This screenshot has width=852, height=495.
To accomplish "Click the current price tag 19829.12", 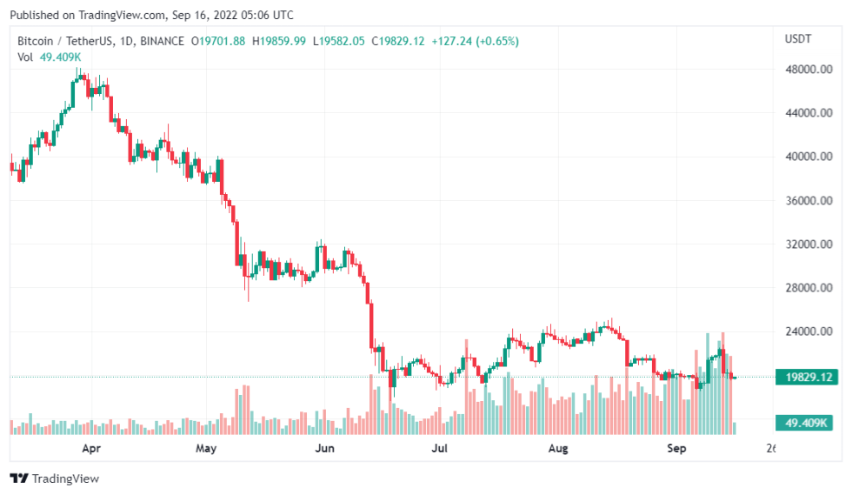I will click(x=808, y=377).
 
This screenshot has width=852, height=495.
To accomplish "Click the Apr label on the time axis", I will click(x=90, y=449).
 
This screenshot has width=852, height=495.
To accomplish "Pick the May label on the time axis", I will click(x=205, y=449).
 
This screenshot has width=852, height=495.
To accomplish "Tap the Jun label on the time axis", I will click(x=323, y=449).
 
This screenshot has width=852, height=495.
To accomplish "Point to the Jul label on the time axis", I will click(x=440, y=449).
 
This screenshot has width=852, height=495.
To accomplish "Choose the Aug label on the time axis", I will click(x=558, y=449).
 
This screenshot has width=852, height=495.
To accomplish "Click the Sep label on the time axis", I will click(x=676, y=449).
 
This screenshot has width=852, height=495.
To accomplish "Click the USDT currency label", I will click(x=797, y=39).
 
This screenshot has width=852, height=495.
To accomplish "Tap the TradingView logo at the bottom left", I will click(x=54, y=478).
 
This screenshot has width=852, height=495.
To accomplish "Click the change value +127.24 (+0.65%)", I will click(x=475, y=41).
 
